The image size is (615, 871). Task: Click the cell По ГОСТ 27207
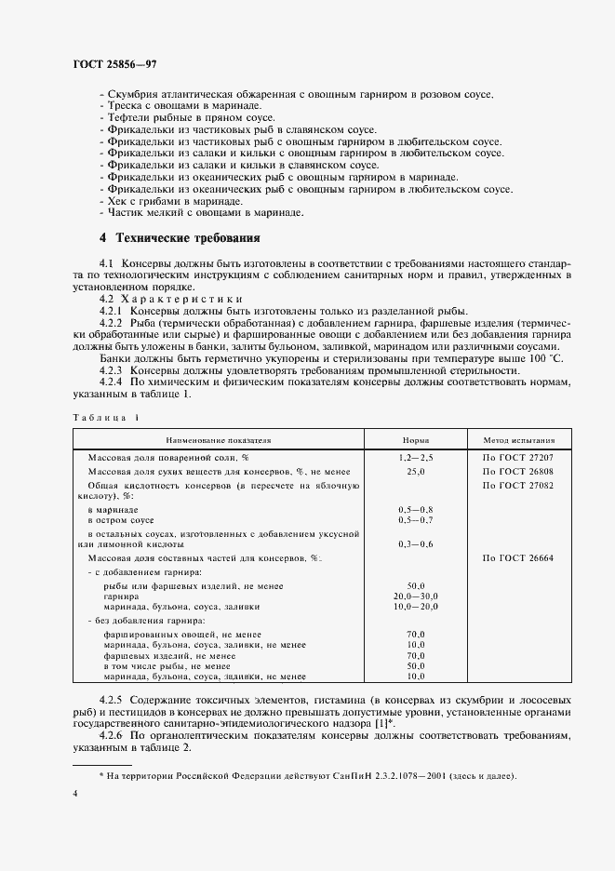coord(517,459)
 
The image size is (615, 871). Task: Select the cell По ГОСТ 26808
coord(517,473)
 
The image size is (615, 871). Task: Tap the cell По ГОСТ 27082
coord(517,486)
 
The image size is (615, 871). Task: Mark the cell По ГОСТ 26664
coord(517,557)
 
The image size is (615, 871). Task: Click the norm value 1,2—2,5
coord(415,459)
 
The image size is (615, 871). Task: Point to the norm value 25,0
coord(415,473)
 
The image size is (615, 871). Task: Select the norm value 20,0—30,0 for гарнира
coord(415,596)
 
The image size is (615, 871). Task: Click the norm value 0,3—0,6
coord(415,543)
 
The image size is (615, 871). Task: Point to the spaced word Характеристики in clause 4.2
coord(177,300)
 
